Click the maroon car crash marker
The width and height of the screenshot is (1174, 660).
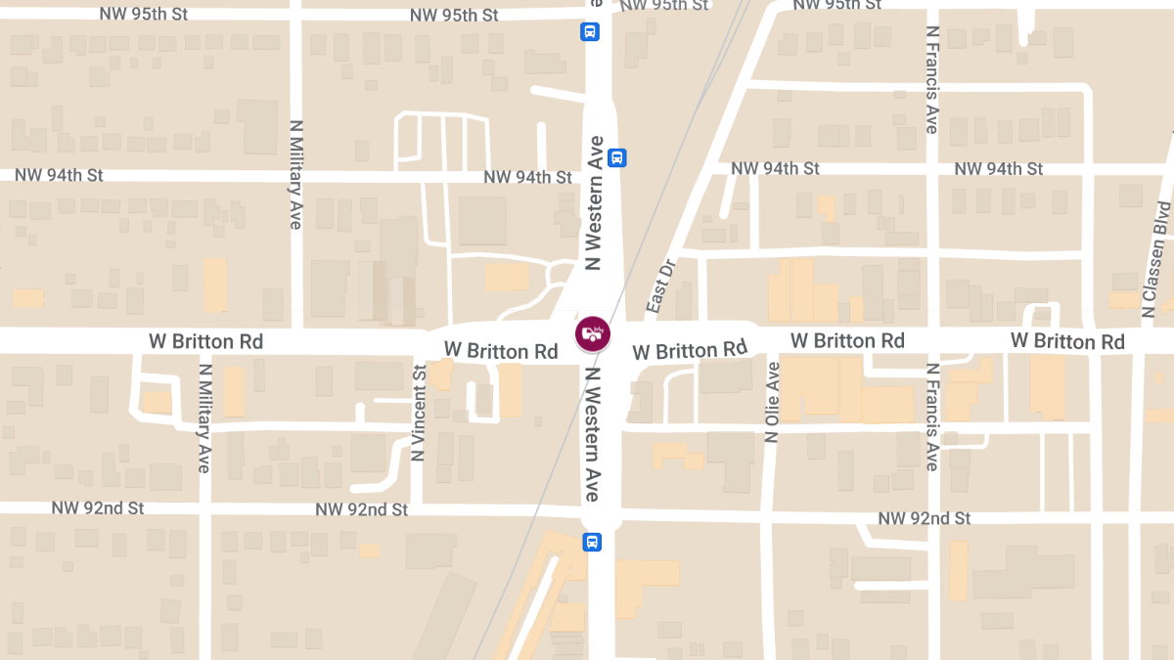[x=592, y=334]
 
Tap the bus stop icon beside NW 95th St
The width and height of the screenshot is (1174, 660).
[x=591, y=31]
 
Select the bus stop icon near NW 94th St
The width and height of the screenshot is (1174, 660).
[x=617, y=157]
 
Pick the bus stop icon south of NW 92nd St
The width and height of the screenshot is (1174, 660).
[x=592, y=542]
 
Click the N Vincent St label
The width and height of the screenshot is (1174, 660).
[x=419, y=413]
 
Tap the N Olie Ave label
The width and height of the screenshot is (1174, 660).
[x=773, y=402]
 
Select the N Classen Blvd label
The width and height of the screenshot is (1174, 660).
[x=1156, y=260]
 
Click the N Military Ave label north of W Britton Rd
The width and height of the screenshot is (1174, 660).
[x=295, y=176]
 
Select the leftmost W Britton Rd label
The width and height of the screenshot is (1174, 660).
[x=205, y=342]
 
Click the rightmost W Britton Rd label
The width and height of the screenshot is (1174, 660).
[x=1067, y=341]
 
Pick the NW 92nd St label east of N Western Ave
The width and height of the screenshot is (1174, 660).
[x=924, y=518]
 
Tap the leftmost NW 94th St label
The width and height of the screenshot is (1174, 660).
[x=59, y=175]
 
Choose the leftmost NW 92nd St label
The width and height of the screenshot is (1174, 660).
[x=98, y=508]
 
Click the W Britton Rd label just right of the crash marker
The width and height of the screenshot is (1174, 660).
[x=690, y=350]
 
